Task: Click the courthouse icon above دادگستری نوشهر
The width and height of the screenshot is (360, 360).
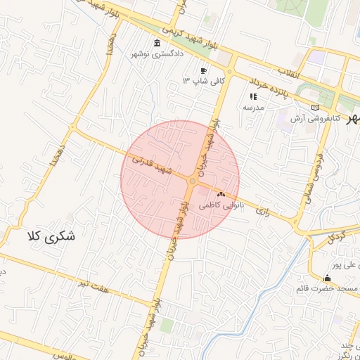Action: (x=156, y=43)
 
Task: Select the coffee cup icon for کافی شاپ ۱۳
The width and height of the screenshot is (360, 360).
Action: (x=204, y=70)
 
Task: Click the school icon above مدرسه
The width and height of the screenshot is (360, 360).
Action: (x=253, y=96)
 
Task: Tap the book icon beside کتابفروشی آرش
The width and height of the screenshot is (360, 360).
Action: (x=316, y=107)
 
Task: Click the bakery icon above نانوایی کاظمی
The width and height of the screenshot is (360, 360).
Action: (x=221, y=194)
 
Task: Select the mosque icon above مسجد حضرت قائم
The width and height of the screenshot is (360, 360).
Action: (x=326, y=278)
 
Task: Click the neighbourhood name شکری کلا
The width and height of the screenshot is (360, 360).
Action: (x=51, y=237)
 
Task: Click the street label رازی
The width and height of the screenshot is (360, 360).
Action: (x=264, y=210)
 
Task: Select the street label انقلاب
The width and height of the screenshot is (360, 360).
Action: (x=289, y=72)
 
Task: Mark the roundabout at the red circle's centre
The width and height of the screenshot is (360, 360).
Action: (x=192, y=181)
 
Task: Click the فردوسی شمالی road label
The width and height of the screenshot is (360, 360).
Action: (x=311, y=179)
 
